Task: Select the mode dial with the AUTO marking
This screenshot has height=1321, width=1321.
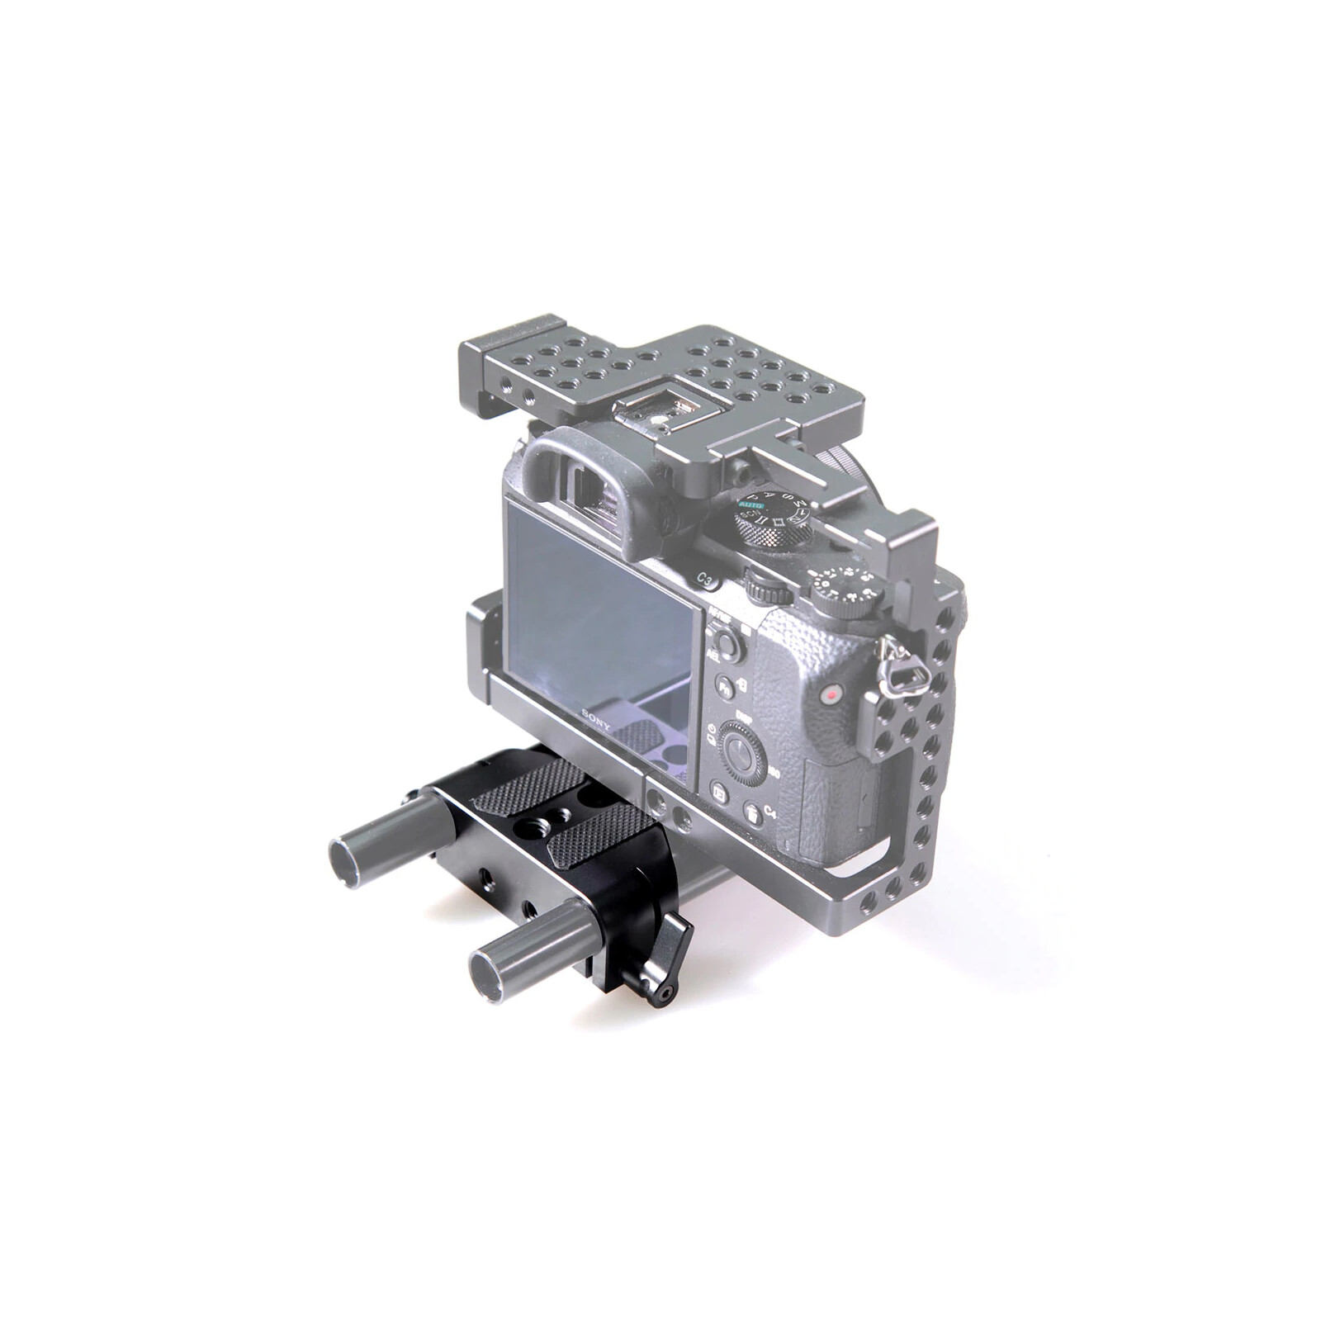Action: pos(768,519)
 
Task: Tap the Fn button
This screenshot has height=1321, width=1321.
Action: pos(724,686)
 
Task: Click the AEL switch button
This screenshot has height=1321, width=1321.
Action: pos(727,642)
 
